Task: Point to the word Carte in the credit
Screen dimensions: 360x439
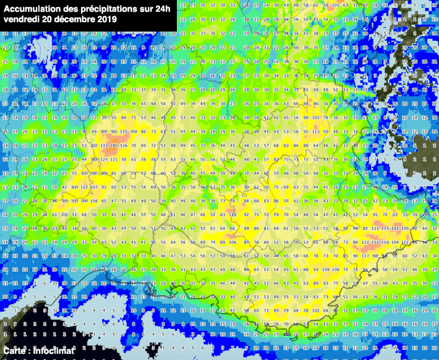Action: [15, 351]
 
